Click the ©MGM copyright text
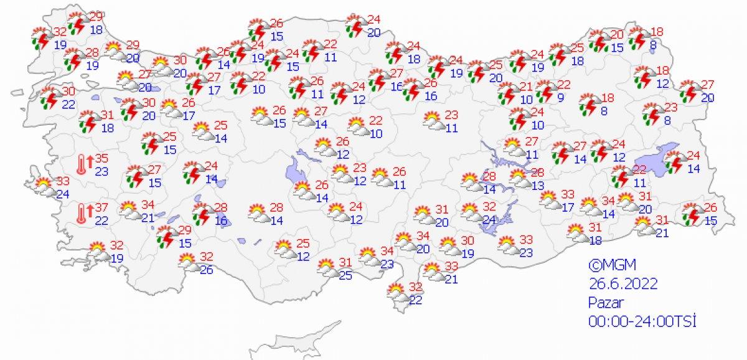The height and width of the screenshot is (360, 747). click(608, 264)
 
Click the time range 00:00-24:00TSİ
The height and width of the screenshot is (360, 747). click(642, 321)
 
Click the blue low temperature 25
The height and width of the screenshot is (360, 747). click(345, 275)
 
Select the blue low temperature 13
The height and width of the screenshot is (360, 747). click(538, 185)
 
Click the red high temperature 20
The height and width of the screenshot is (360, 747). click(616, 35)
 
